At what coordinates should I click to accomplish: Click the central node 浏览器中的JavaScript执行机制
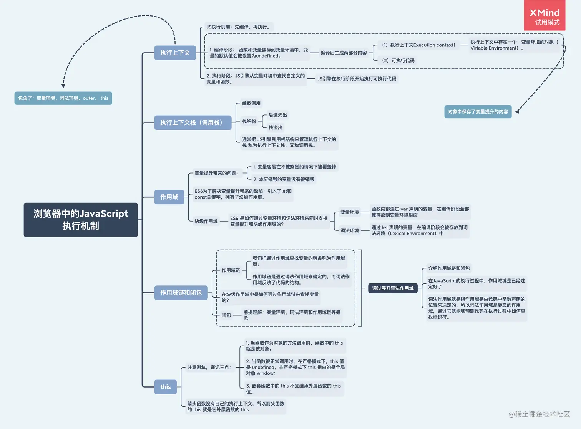tap(81, 220)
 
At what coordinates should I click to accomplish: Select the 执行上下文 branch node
tap(175, 53)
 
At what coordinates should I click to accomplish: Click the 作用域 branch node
tap(169, 197)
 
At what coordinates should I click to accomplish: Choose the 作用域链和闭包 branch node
tap(181, 293)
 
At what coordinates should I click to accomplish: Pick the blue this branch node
tap(166, 387)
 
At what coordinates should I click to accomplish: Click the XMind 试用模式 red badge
tap(544, 16)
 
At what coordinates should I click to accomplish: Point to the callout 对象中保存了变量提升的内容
tap(478, 112)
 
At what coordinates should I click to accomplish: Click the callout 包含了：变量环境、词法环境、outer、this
tap(63, 98)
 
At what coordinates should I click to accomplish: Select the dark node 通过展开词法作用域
tap(393, 288)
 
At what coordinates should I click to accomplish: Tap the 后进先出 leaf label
tap(277, 115)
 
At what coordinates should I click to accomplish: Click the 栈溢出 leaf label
tap(275, 128)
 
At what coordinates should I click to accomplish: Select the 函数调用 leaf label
tap(251, 103)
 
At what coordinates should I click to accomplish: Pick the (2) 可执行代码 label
tap(398, 61)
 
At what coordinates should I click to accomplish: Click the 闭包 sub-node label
tap(226, 315)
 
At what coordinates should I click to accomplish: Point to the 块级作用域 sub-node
tap(206, 221)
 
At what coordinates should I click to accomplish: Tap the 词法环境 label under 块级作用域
tap(349, 230)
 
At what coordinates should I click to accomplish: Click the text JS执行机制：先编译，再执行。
tap(239, 27)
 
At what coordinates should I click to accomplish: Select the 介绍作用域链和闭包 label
tap(449, 268)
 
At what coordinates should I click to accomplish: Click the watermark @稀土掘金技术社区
tap(539, 414)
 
